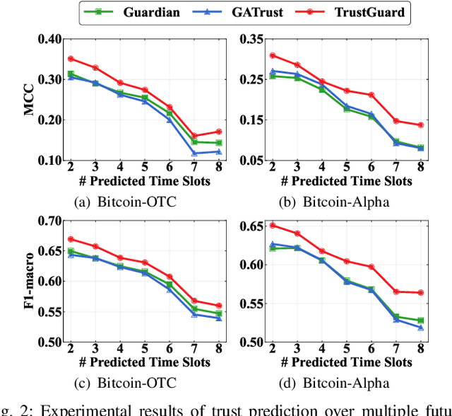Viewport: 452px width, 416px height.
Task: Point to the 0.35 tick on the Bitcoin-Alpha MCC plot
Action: tap(249, 38)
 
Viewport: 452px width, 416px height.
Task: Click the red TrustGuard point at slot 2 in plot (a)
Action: tap(70, 59)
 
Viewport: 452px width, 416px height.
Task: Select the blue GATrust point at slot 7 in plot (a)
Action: tap(195, 153)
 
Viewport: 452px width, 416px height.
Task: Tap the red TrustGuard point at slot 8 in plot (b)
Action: tap(421, 125)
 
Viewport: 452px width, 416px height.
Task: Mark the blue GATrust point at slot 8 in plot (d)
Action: tap(421, 328)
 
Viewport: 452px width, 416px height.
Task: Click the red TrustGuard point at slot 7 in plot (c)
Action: tap(195, 301)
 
